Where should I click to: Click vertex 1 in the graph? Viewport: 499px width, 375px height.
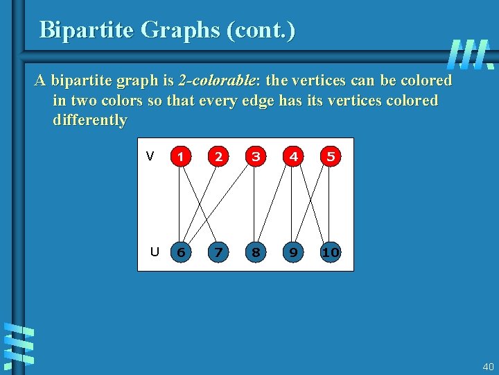coord(181,156)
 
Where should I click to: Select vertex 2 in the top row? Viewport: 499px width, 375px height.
coord(218,156)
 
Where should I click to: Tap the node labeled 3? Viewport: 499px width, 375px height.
coord(256,156)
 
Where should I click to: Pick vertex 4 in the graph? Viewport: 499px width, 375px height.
coord(293,156)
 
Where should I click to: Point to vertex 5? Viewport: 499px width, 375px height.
coord(331,156)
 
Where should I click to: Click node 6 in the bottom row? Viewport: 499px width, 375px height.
coord(181,252)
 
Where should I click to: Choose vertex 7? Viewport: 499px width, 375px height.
coord(218,252)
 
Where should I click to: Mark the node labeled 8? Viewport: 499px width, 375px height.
coord(256,252)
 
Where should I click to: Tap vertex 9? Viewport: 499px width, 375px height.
coord(293,252)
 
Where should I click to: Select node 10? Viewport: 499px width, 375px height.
coord(331,252)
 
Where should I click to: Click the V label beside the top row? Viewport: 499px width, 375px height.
coord(150,156)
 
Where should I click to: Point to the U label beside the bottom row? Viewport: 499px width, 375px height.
coord(155,251)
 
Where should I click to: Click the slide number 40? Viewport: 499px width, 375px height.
coord(488,366)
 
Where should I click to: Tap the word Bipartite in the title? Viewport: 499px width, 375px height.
coord(87,30)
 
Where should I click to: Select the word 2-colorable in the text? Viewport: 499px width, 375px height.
coord(216,81)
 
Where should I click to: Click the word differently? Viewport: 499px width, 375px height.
coord(90,120)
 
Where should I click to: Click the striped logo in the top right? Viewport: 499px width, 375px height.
coord(470,53)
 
